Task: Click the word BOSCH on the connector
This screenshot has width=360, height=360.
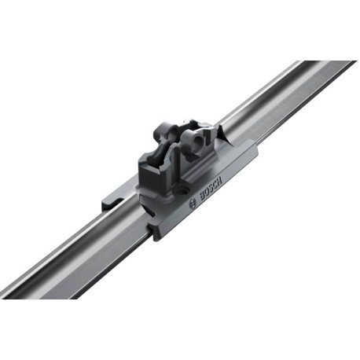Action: [x=211, y=189]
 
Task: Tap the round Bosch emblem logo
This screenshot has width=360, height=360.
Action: [x=193, y=204]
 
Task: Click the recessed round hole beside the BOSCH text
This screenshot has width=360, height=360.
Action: [x=182, y=190]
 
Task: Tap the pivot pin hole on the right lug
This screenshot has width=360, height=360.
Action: [x=196, y=141]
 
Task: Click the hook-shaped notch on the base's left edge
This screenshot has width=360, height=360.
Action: [x=113, y=202]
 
